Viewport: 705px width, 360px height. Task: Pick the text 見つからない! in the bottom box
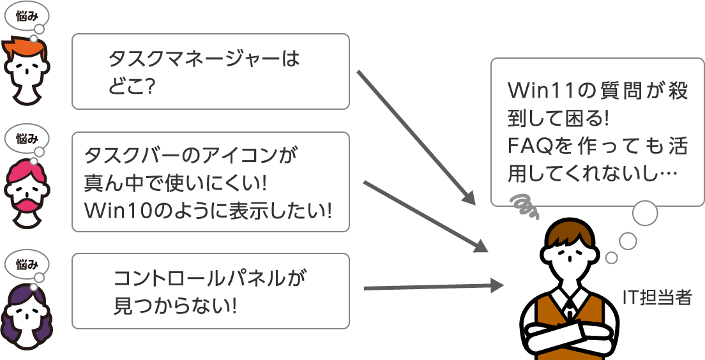tap(175, 305)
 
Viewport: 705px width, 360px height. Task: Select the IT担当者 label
tap(657, 297)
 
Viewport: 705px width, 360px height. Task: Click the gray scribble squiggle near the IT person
tap(524, 203)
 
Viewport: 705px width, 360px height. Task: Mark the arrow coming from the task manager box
tap(415, 137)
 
